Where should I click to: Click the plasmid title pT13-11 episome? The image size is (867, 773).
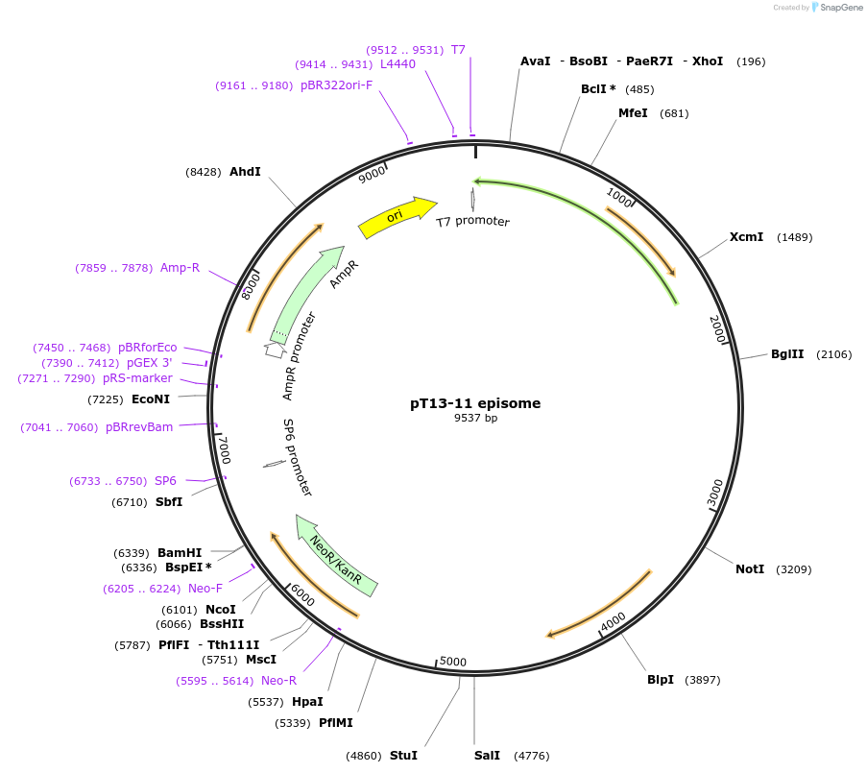click(475, 403)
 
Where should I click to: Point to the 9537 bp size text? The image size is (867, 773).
click(475, 418)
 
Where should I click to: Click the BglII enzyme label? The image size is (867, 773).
click(787, 354)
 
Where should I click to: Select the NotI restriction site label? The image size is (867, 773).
click(750, 569)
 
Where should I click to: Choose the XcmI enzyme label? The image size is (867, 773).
click(746, 237)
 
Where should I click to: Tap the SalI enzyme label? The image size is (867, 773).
click(487, 756)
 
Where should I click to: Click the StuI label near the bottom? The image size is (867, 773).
click(403, 756)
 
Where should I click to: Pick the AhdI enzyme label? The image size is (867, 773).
click(245, 172)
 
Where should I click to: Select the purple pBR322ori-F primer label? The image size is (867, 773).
click(336, 85)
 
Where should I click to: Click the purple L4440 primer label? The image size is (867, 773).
click(397, 64)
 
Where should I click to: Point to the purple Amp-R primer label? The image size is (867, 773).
click(180, 268)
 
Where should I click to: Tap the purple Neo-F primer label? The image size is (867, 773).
click(205, 589)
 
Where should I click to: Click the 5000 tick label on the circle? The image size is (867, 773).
click(452, 662)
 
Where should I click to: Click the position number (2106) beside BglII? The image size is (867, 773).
click(833, 354)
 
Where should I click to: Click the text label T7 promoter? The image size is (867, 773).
click(472, 222)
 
